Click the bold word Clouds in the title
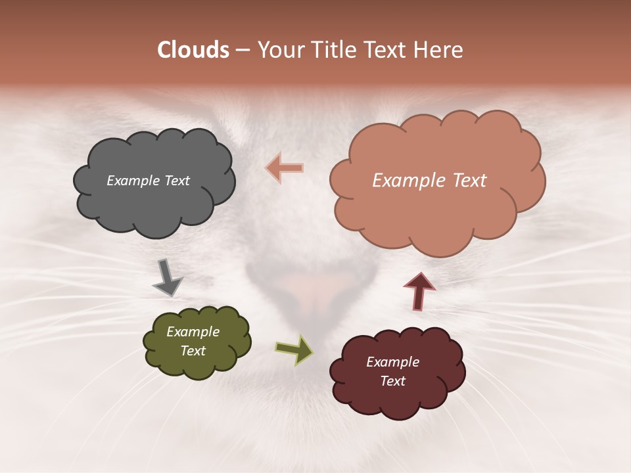[x=193, y=50]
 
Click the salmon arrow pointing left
[x=285, y=168]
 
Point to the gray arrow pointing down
[x=167, y=277]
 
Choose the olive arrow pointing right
[x=294, y=349]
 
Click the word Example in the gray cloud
[x=131, y=181]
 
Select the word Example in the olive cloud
[x=193, y=332]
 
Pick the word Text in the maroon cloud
[x=392, y=381]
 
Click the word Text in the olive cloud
[x=193, y=351]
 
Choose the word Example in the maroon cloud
[x=392, y=362]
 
